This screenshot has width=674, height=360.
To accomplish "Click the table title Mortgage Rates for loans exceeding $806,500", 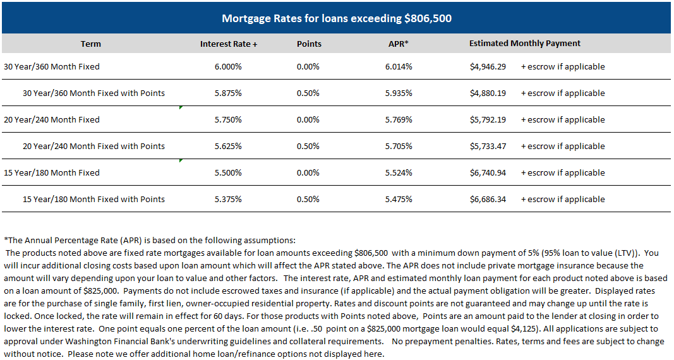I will [337, 18].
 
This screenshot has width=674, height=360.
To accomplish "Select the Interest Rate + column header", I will [229, 44].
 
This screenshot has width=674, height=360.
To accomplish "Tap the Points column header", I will [309, 44].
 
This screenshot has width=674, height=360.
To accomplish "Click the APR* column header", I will [398, 44].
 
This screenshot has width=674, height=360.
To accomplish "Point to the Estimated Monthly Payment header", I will [524, 44].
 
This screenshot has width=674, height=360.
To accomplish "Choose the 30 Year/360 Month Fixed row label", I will [52, 66].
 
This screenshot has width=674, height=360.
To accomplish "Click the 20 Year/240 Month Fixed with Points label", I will [93, 146].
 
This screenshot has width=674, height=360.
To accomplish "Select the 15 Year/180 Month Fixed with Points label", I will [93, 199].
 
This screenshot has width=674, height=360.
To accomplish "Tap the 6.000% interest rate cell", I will [229, 66].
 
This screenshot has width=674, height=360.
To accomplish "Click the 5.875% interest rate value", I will [229, 93].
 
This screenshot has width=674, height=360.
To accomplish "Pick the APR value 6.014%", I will [399, 66].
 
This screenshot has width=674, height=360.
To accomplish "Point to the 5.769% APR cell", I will [399, 119].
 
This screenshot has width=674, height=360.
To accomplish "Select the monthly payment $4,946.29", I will [488, 66].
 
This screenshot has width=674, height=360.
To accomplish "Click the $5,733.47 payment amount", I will [488, 146].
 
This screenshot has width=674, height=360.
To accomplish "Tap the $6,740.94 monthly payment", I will [488, 172].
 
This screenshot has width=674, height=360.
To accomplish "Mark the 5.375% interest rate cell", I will [229, 199].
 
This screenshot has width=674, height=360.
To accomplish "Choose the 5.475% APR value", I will [399, 199].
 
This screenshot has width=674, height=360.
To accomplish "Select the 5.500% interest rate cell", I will [229, 172].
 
